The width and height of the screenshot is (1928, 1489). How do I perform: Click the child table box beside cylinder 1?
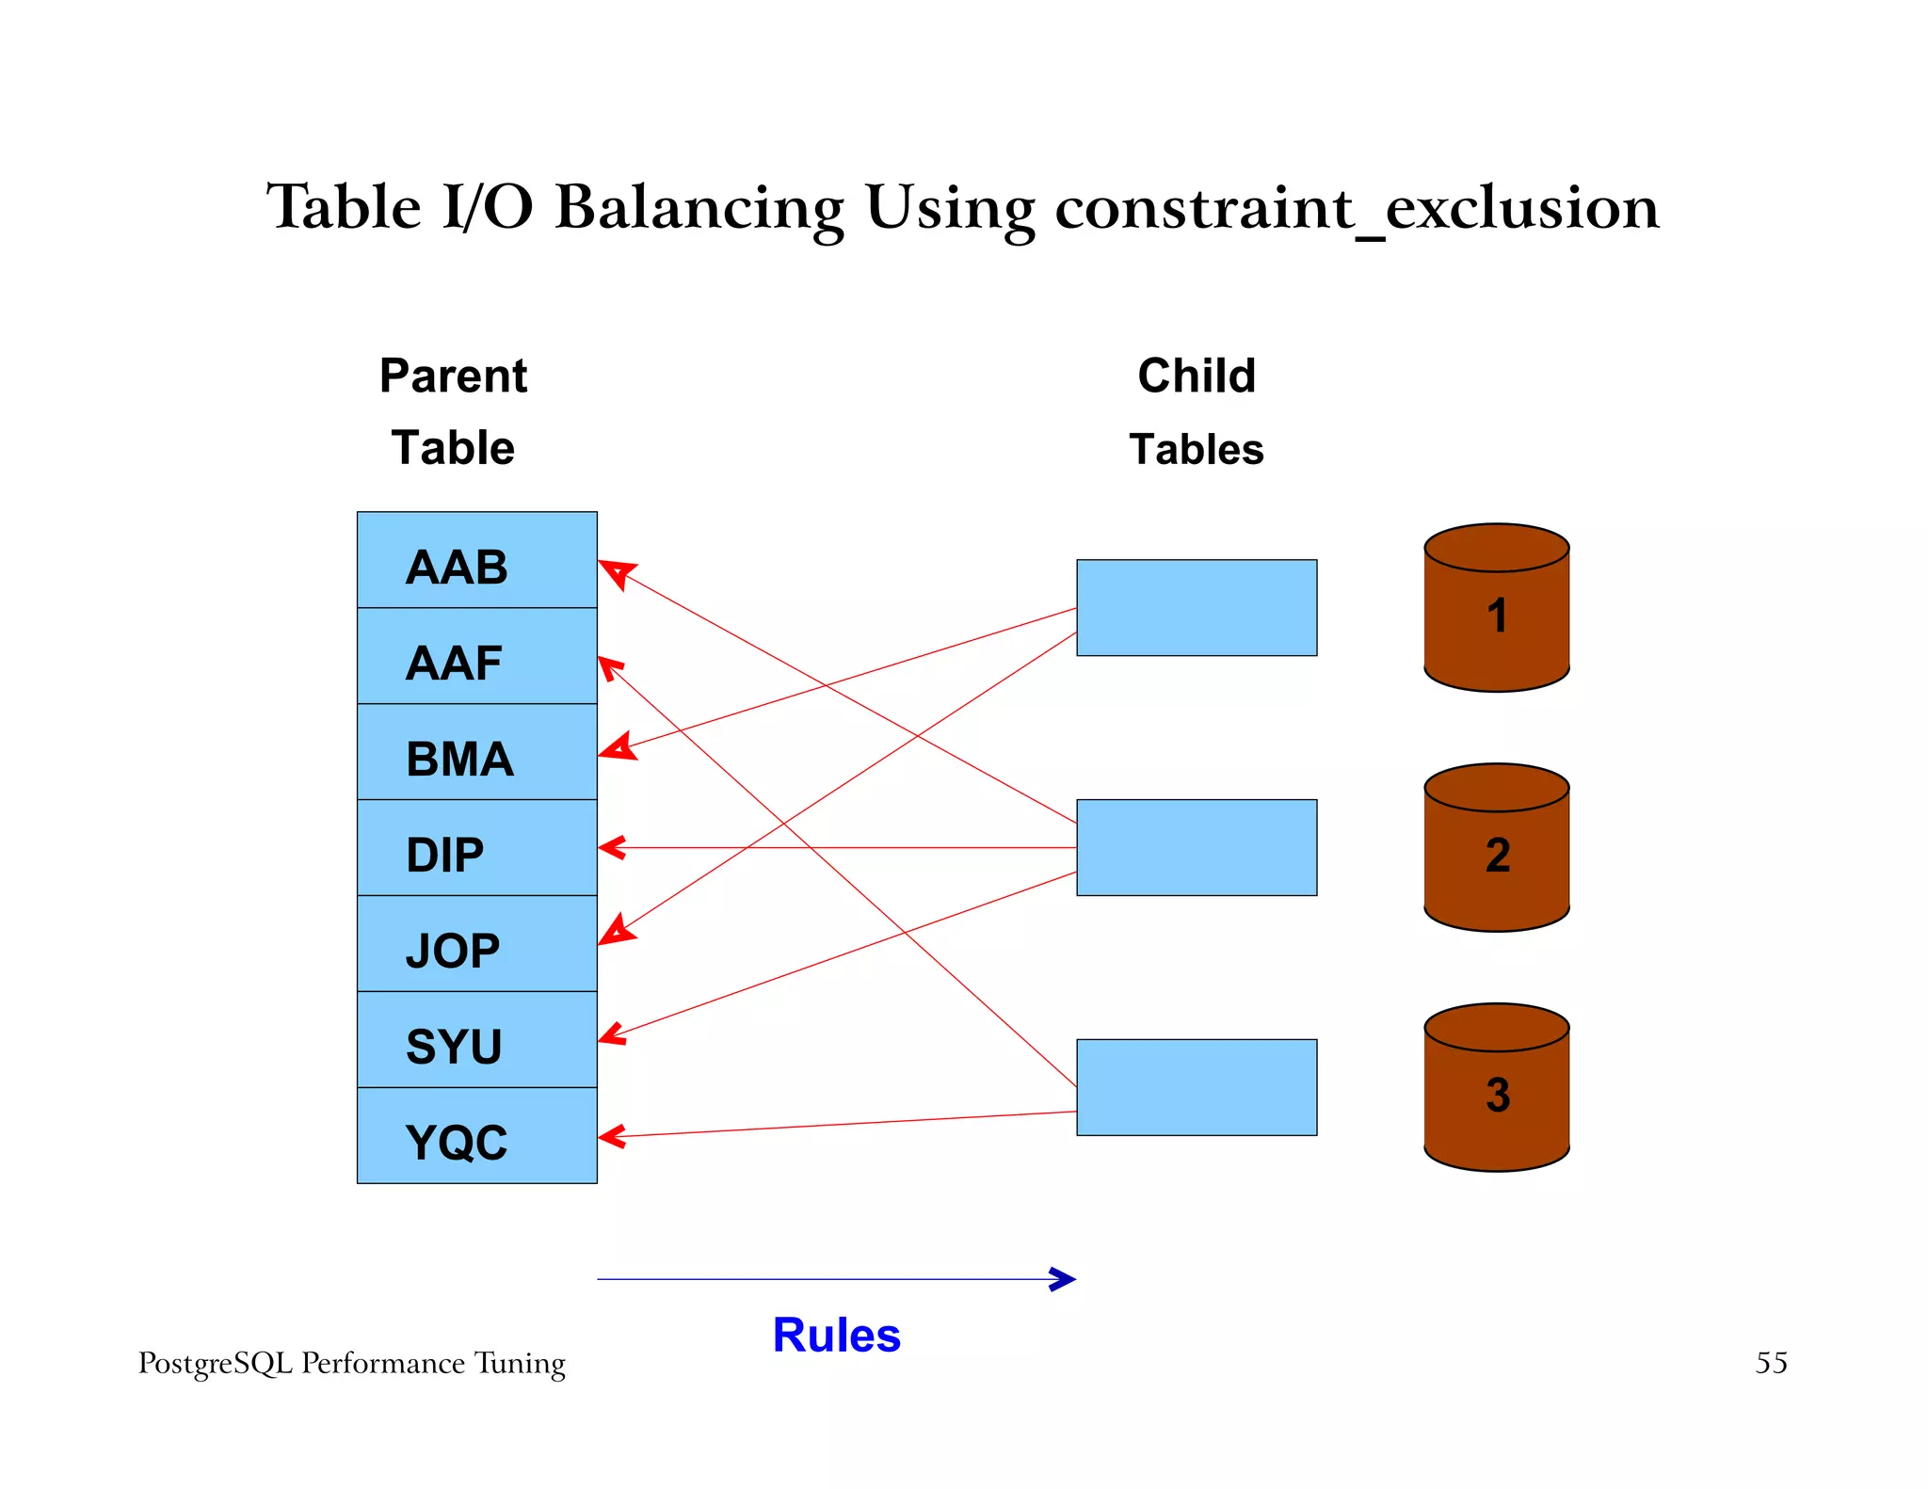point(1196,608)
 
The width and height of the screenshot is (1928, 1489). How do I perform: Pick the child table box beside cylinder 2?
point(1196,848)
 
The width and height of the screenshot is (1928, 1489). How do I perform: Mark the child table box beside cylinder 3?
point(1196,1088)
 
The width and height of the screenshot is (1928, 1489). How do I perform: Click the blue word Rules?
point(836,1336)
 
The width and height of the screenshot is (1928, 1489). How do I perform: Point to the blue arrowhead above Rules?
point(1064,1279)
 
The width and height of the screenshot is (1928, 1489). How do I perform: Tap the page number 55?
point(1770,1363)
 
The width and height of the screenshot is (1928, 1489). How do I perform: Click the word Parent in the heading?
point(453,376)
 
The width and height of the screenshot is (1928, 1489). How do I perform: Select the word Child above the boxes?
point(1196,376)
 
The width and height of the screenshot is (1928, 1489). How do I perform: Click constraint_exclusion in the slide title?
point(1356,208)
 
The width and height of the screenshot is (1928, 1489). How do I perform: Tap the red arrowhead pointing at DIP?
point(612,848)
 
